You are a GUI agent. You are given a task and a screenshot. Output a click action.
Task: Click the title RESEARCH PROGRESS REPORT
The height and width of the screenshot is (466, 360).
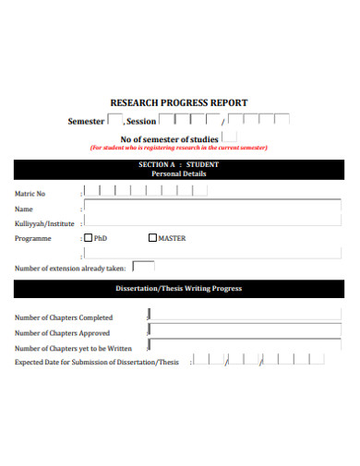point(179,102)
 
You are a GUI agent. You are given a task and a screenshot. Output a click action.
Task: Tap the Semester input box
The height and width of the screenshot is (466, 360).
point(114,120)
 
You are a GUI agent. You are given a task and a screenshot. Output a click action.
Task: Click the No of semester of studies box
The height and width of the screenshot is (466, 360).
point(229,137)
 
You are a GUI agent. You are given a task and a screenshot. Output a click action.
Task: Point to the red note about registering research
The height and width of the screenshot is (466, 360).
point(178,148)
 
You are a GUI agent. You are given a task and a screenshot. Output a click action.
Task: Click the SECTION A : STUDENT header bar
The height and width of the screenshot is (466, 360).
point(179,169)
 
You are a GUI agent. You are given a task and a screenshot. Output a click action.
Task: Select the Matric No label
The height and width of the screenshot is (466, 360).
point(30,193)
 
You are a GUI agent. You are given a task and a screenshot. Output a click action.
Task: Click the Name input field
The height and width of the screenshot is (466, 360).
point(212,208)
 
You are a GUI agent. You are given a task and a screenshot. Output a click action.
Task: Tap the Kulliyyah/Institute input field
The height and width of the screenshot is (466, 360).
point(212,222)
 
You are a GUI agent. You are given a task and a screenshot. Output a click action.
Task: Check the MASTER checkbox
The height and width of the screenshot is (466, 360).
point(152,238)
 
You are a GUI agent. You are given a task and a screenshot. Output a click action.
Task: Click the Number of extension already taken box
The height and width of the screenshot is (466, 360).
point(143,267)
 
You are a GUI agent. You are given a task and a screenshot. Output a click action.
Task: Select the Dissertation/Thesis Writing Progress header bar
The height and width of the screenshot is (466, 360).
point(179,289)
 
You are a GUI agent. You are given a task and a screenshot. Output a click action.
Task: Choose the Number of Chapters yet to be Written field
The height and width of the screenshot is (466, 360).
point(244,347)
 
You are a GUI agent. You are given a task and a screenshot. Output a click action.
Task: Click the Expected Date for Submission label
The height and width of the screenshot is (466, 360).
point(97,363)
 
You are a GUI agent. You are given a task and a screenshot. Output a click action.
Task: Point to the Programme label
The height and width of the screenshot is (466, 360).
point(33,238)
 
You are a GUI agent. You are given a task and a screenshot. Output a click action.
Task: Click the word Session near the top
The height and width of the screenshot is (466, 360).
point(141,122)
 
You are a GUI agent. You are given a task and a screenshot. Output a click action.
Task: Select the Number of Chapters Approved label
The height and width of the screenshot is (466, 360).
point(62,333)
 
